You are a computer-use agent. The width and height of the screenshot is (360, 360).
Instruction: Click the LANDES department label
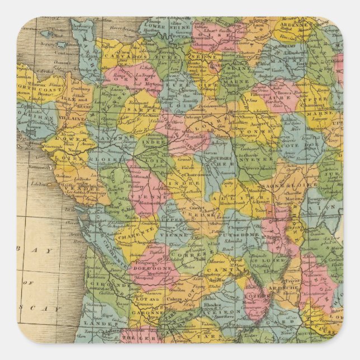coord(96,323)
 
